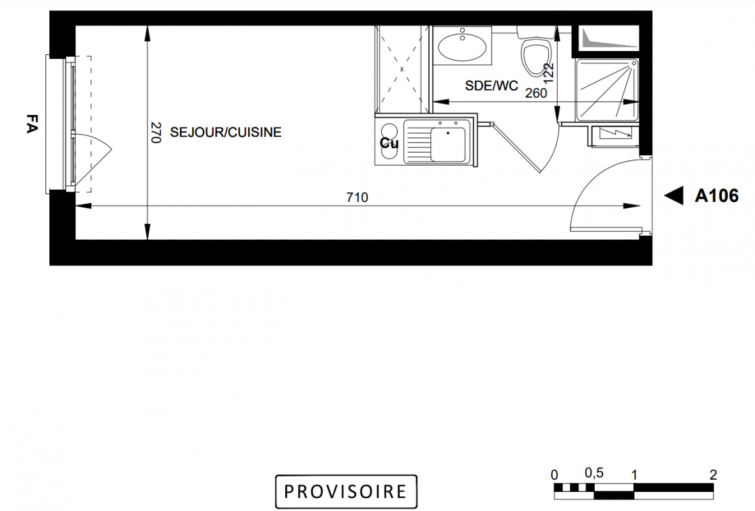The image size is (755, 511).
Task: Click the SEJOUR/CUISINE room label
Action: pos(226,133)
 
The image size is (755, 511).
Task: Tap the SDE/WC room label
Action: pos(491,86)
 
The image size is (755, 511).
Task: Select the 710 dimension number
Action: pos(357,197)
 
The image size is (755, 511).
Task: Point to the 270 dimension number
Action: pos(156,133)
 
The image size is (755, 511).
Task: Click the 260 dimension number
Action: pos(536,93)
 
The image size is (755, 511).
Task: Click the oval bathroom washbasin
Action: pos(462,47)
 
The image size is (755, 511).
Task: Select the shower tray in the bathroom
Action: pos(607,89)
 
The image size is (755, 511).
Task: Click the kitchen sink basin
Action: pos(448,144)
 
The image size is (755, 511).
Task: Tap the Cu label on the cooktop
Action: pos(389,143)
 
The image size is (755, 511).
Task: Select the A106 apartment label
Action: pos(717,195)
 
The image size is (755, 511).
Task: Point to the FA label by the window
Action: pos(32,123)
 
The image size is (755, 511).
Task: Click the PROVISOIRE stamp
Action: pos(346,491)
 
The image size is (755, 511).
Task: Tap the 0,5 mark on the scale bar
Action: pos(594,473)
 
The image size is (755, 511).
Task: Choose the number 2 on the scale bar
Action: pos(713,475)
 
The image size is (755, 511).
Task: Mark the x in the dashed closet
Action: pos(401,69)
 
